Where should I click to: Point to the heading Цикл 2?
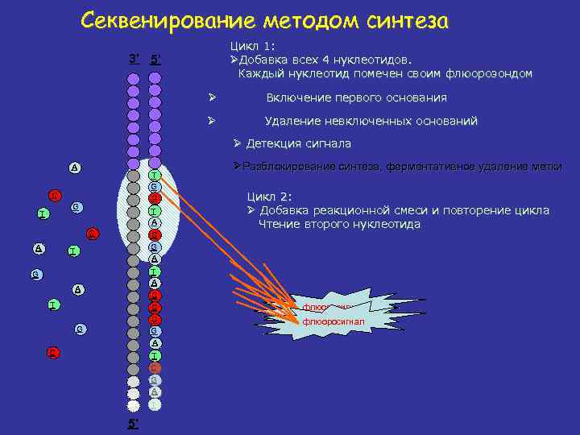click(270, 196)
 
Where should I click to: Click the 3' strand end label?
click(134, 57)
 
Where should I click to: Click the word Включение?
click(297, 97)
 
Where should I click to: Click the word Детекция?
click(275, 143)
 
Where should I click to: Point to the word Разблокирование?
click(290, 166)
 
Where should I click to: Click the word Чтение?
click(278, 225)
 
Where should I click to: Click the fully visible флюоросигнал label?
click(333, 321)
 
